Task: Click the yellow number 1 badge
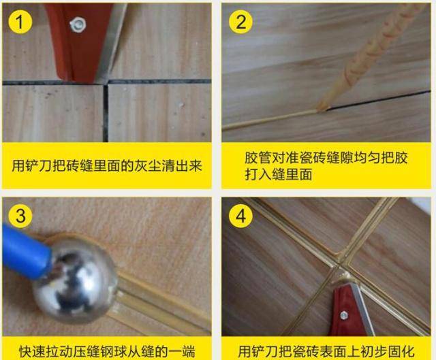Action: coord(20,22)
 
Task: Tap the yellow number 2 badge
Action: coord(240,22)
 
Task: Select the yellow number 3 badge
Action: coord(20,216)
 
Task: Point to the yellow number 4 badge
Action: coord(240,216)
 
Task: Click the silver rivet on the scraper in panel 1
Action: coord(78,24)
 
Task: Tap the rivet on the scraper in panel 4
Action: coord(343,315)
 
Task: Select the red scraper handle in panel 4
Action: coord(345,311)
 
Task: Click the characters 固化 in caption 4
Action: coord(401,352)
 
